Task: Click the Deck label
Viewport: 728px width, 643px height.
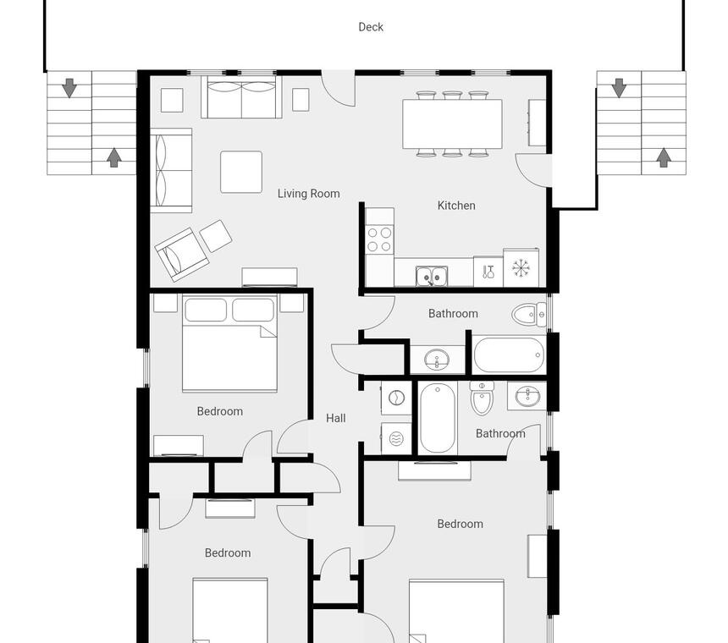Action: (371, 27)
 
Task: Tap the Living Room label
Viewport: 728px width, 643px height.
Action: (308, 194)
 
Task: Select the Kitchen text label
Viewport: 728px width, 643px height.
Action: (456, 206)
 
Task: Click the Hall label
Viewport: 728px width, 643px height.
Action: (336, 418)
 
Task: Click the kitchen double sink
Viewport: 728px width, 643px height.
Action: (432, 277)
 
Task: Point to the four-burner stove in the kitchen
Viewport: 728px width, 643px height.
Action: (379, 239)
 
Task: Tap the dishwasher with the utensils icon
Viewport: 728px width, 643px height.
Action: (488, 272)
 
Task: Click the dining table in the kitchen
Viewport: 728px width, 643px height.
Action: (452, 124)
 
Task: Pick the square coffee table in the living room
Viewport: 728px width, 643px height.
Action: (241, 172)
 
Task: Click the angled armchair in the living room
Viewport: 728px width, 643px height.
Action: (181, 254)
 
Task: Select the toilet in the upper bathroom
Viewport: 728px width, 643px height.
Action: (529, 315)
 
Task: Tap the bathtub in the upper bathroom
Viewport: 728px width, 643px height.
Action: (510, 354)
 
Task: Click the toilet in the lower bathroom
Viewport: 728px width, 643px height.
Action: (482, 398)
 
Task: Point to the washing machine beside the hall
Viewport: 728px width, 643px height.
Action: (396, 398)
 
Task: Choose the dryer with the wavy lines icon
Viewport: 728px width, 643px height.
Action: (396, 438)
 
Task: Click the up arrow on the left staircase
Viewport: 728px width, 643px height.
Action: (113, 157)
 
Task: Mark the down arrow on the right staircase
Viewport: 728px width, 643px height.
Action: (619, 88)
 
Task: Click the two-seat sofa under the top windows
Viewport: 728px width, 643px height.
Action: (241, 98)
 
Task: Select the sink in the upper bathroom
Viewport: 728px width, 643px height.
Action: (437, 359)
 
